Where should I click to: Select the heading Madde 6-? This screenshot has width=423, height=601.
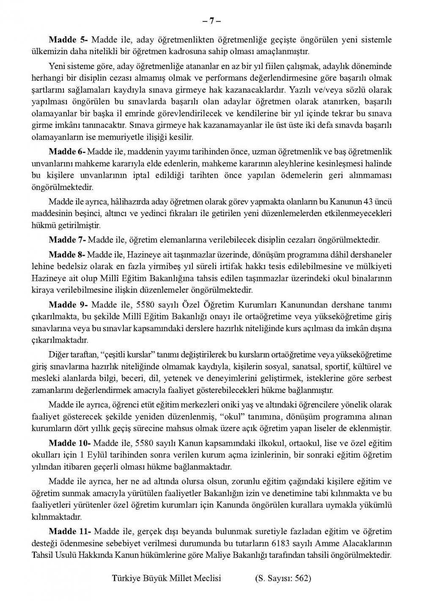[67, 151]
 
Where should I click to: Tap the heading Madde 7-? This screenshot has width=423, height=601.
[67, 240]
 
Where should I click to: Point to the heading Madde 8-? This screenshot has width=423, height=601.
[67, 255]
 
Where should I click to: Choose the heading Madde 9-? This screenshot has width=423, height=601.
[68, 305]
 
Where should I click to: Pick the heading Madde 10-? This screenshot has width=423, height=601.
[69, 443]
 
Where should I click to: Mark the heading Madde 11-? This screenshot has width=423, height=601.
[70, 531]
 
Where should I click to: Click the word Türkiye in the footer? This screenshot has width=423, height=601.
[126, 578]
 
